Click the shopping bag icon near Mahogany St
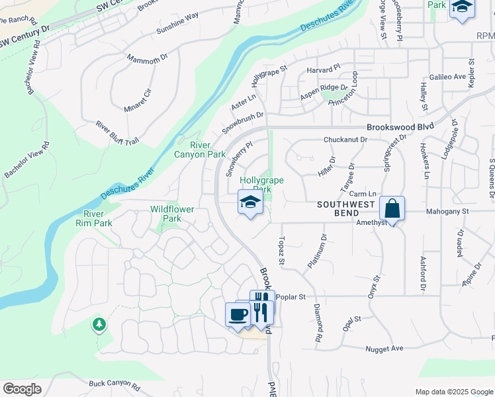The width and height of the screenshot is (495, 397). coord(392,209)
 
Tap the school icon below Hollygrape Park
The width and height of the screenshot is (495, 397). coord(250,202)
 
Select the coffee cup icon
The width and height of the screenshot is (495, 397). coord(238,315)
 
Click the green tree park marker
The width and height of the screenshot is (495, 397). coord(99,324)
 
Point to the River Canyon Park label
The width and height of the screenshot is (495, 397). coord(200,150)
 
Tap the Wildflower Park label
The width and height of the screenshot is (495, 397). coord(172,214)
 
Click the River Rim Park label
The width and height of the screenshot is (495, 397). coord(98,218)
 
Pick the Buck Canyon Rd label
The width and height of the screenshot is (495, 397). coord(114,384)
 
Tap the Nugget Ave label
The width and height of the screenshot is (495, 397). coord(383,348)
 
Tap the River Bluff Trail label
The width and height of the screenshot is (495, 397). coord(117,132)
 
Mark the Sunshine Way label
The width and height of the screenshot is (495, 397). coord(177,25)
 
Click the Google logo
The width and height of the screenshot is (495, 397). coord(22,389)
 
